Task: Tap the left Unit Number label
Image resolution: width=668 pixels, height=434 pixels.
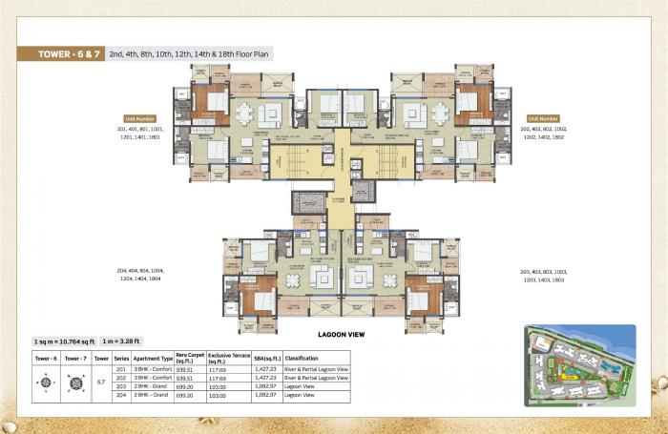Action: [139, 118]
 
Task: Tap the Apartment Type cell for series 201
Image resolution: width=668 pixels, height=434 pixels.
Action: [153, 369]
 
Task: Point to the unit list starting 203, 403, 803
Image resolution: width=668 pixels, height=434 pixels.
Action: [544, 275]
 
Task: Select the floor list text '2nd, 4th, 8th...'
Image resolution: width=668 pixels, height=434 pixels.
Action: [190, 54]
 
